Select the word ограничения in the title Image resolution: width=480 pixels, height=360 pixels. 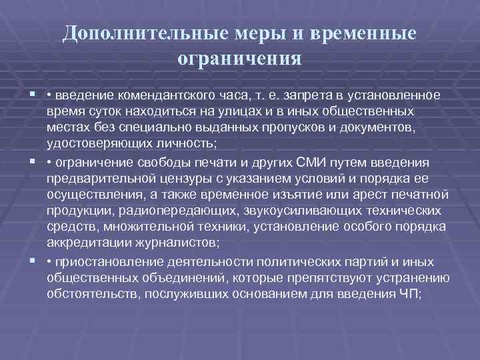(240, 59)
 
